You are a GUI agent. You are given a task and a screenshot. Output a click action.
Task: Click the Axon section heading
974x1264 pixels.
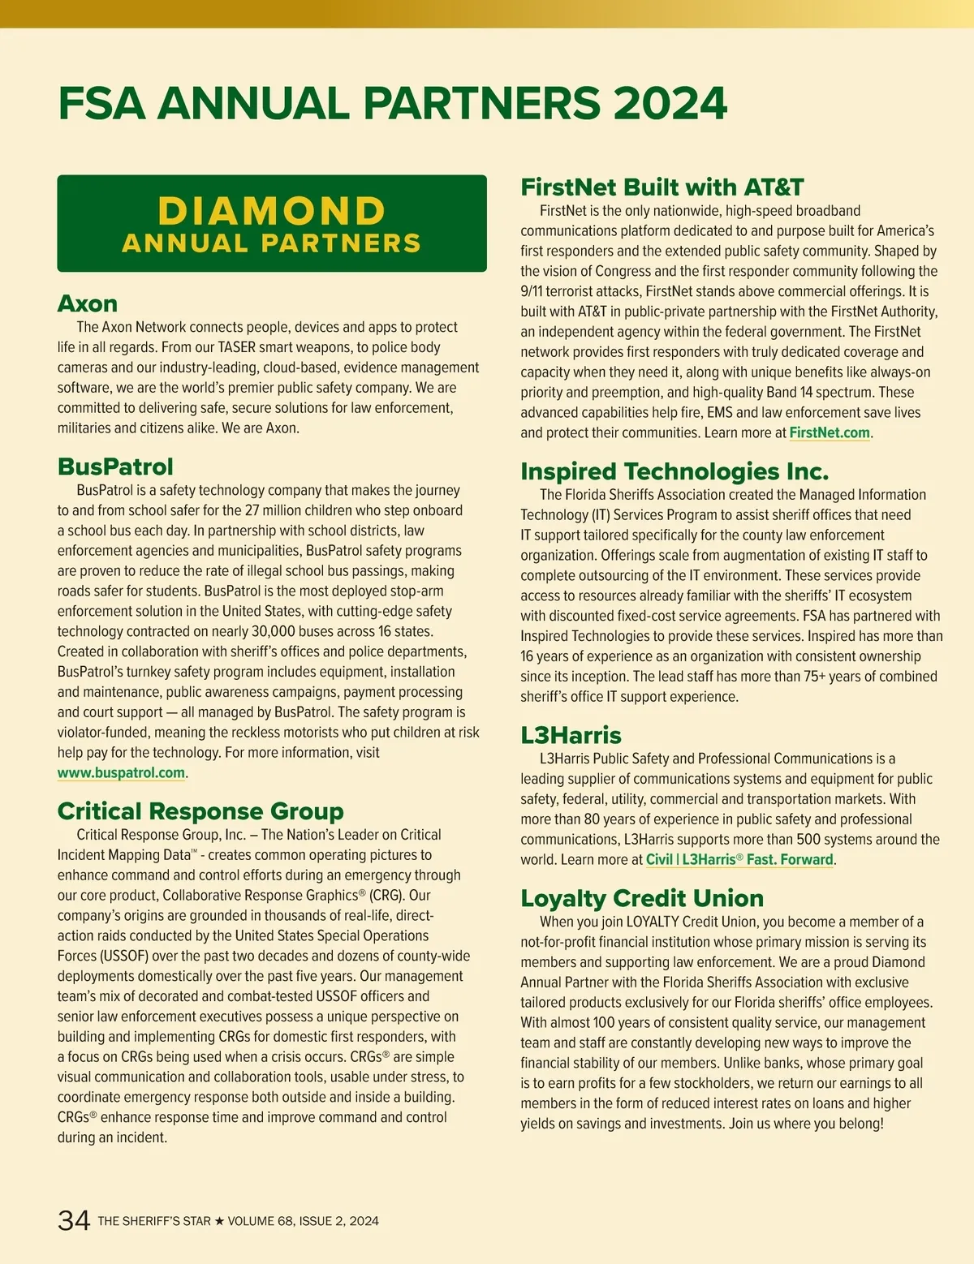coord(88,303)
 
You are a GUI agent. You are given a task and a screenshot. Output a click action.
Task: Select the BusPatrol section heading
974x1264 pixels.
coord(115,466)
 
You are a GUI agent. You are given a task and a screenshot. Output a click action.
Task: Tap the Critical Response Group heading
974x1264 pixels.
coord(200,811)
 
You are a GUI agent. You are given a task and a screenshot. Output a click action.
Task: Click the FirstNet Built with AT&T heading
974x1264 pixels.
coord(662,187)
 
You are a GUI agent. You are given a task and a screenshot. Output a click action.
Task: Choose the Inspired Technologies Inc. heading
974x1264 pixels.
coord(674,471)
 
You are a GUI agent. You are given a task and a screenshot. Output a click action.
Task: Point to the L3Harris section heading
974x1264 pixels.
coord(571,735)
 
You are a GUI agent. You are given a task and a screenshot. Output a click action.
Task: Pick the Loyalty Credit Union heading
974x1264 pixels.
coord(642,898)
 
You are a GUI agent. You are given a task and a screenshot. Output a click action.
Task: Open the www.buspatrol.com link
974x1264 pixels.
coord(121,772)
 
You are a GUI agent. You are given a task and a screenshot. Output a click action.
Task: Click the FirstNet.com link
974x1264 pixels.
coord(829,432)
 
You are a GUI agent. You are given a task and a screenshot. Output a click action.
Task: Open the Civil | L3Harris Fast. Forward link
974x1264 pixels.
coord(739,859)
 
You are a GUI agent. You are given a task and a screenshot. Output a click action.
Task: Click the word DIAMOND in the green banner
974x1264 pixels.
coord(272,211)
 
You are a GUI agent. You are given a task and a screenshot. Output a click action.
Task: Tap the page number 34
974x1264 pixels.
coord(74,1220)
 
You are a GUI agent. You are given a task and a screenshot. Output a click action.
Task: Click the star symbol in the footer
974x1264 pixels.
coord(219,1221)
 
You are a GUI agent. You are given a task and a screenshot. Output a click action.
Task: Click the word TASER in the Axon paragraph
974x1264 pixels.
coord(237,347)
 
